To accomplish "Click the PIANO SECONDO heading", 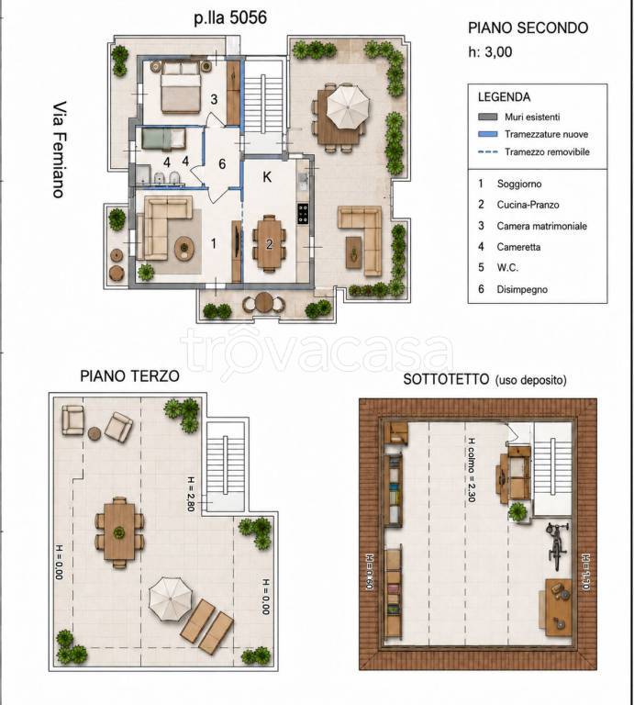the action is [x=528, y=28].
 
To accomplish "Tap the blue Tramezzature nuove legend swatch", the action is [x=488, y=134].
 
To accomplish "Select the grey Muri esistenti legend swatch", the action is [x=488, y=117].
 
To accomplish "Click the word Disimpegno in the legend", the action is [x=522, y=289].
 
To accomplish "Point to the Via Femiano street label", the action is [x=60, y=150].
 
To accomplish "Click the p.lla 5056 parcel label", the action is [x=230, y=17].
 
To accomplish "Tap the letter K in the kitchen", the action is [x=267, y=177].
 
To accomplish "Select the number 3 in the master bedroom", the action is [x=214, y=99].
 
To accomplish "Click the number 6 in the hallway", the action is [x=222, y=164].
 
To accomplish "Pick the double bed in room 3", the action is [x=181, y=87].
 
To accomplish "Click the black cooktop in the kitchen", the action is [x=303, y=214].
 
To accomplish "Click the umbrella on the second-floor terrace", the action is [x=348, y=106].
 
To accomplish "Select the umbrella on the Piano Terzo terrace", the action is [x=171, y=599].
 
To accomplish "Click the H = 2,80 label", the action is [x=191, y=494].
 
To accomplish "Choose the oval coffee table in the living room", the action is [x=184, y=248].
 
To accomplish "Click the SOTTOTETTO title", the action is [x=446, y=379].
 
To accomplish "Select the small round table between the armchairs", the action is [x=95, y=433].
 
